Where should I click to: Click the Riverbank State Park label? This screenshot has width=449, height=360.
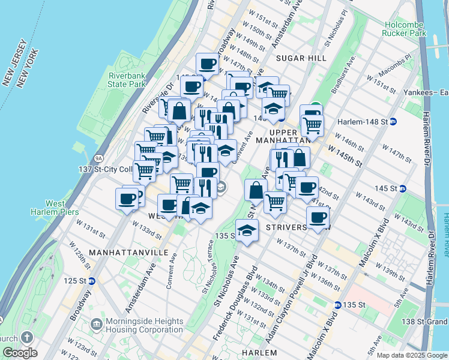(127, 80)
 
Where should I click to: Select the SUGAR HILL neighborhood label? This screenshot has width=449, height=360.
(301, 58)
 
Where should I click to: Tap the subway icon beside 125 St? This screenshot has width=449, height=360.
(92, 281)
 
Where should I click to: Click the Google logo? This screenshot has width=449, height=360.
(19, 353)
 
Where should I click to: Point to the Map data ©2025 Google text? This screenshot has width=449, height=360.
(412, 355)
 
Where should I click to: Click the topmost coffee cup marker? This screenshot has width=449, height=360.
(208, 62)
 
